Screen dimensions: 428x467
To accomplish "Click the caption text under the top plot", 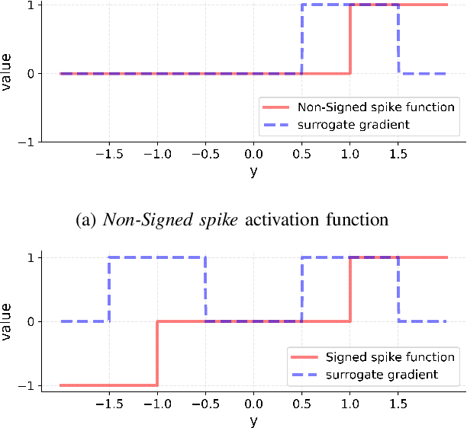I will tap(233, 220).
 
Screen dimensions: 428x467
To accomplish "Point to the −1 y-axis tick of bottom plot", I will tap(27, 386).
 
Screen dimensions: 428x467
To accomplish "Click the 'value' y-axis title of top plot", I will tap(8, 73).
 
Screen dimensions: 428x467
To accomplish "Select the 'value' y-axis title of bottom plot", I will tap(8, 321).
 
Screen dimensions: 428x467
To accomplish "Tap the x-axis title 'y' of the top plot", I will tap(253, 171).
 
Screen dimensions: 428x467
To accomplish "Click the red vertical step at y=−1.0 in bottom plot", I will tap(157, 353).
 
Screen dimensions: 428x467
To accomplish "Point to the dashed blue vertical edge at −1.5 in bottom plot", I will tap(109, 289).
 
